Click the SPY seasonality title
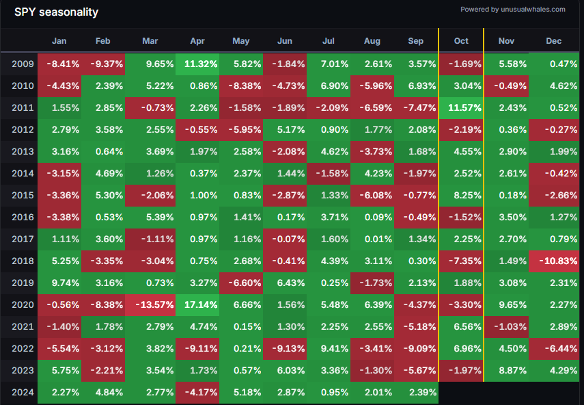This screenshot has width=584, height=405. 56,12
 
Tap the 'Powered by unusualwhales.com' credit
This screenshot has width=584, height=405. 513,10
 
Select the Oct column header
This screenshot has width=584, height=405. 461,41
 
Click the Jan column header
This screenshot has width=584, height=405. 59,41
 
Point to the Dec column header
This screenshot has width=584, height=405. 554,41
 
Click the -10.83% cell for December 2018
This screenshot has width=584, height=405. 554,261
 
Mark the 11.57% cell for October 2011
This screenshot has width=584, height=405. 461,107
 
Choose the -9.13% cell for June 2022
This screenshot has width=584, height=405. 285,348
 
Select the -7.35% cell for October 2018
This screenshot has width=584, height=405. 461,261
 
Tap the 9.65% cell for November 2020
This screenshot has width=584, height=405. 506,304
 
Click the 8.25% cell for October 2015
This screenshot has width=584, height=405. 461,195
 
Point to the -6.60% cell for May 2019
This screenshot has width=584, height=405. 241,283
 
